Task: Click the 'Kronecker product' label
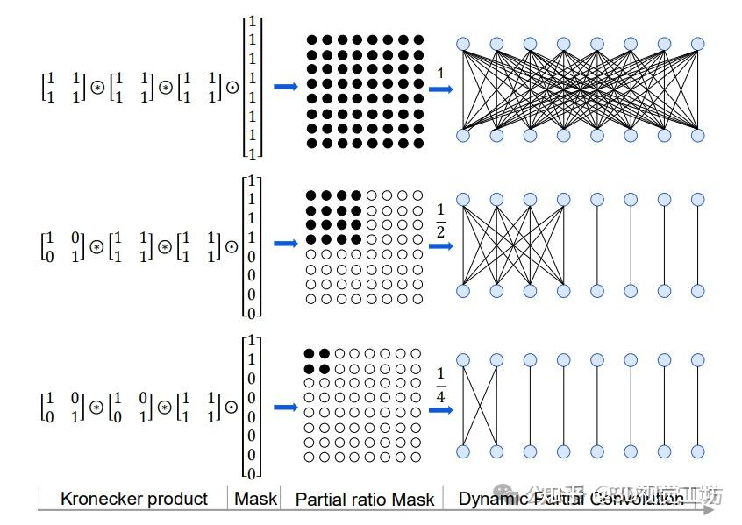tap(133, 499)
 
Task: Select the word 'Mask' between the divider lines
tap(255, 499)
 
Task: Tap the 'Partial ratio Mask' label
tap(365, 500)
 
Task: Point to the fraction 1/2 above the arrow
tap(440, 222)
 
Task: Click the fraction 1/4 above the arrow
tap(440, 384)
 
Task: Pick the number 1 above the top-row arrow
tap(440, 73)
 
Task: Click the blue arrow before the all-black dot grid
tap(286, 86)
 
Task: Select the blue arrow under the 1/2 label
tap(440, 246)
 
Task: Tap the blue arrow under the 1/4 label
tap(440, 408)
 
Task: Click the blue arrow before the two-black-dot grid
tap(286, 407)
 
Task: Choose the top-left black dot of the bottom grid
tap(309, 352)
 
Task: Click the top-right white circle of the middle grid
tap(418, 195)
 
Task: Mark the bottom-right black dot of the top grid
tap(418, 143)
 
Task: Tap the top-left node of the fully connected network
tap(463, 44)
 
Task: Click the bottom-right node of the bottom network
tap(698, 451)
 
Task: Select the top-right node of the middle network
tap(698, 200)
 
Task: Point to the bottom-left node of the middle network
tap(463, 291)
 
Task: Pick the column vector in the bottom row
tap(252, 407)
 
